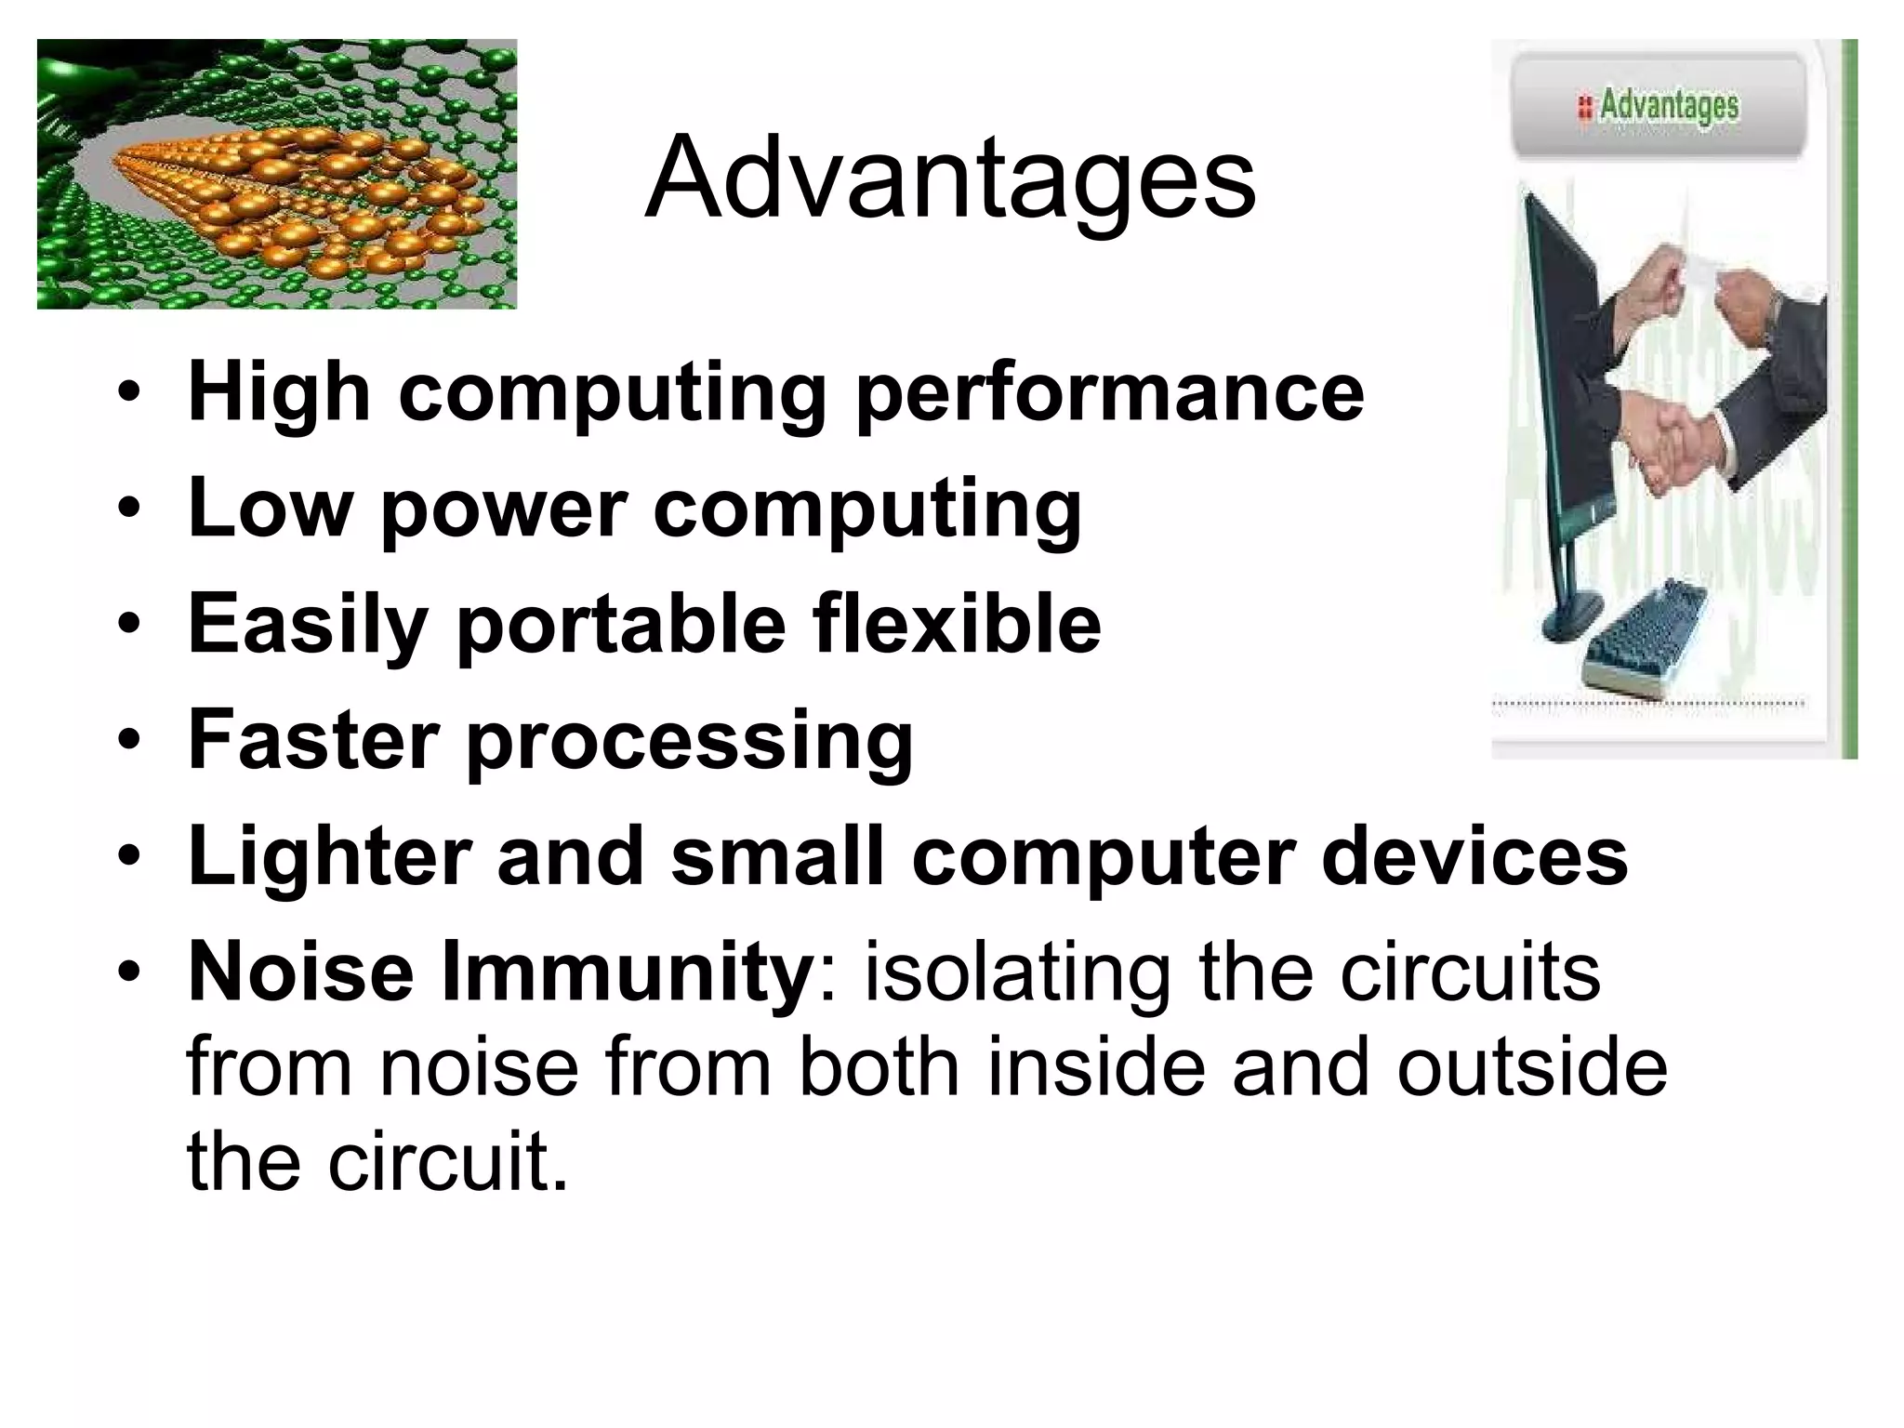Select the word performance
1109,395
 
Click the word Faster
313,740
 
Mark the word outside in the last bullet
1531,1067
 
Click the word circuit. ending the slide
447,1162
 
